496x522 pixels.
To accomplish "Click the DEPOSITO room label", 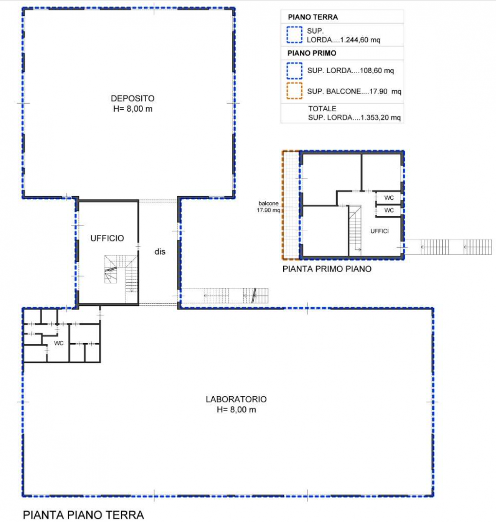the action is pyautogui.click(x=132, y=98).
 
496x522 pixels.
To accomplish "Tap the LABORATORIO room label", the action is pyautogui.click(x=236, y=399).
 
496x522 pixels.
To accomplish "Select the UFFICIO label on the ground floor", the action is pyautogui.click(x=107, y=238).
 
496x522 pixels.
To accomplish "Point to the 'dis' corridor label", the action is pyautogui.click(x=160, y=251).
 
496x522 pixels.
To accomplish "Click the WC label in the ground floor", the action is pyautogui.click(x=59, y=343).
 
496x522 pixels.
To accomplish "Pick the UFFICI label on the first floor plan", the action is pyautogui.click(x=379, y=231).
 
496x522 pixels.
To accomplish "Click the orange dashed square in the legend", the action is pyautogui.click(x=295, y=91).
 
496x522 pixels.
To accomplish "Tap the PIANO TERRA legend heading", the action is pyautogui.click(x=313, y=17).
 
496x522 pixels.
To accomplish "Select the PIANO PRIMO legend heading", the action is pyautogui.click(x=312, y=53).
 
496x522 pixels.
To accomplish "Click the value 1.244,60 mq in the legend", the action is pyautogui.click(x=360, y=40).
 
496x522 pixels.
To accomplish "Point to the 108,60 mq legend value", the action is pyautogui.click(x=376, y=70).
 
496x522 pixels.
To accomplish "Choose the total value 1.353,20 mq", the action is pyautogui.click(x=380, y=117).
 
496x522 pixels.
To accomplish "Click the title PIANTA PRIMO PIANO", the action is pyautogui.click(x=327, y=269).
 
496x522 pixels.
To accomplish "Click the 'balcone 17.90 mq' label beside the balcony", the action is pyautogui.click(x=268, y=206).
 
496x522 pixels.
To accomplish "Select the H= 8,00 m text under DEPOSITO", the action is pyautogui.click(x=133, y=109).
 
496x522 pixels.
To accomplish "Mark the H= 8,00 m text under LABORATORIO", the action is pyautogui.click(x=236, y=410).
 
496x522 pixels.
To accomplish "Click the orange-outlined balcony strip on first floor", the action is pyautogui.click(x=291, y=205).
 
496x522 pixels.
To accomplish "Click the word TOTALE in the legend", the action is pyautogui.click(x=322, y=109).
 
